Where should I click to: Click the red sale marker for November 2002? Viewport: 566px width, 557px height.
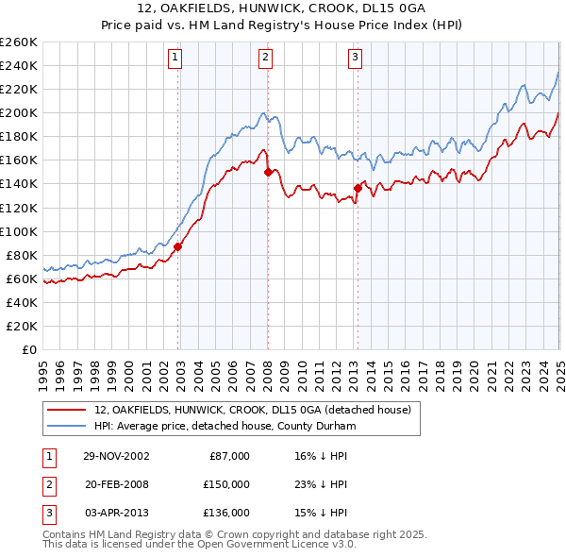click(x=178, y=246)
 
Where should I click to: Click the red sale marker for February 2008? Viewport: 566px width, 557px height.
click(x=268, y=172)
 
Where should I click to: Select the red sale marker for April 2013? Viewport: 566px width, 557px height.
click(x=358, y=188)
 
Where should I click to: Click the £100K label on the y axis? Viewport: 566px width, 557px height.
click(x=19, y=231)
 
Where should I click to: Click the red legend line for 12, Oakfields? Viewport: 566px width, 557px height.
click(x=66, y=411)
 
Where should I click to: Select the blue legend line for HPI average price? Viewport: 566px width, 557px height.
click(x=66, y=426)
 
